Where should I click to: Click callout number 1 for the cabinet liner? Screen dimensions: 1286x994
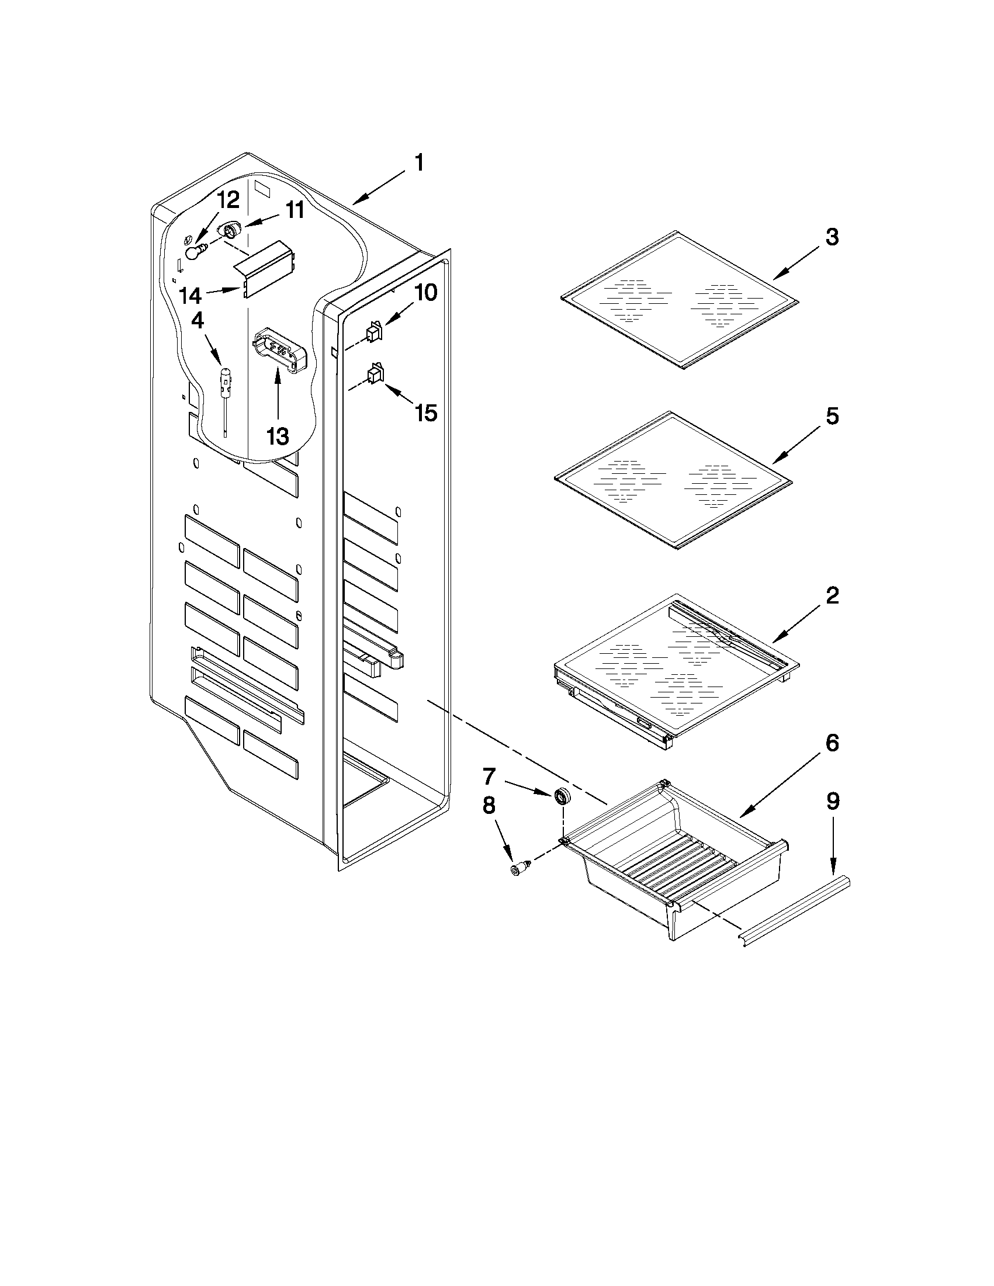tap(418, 163)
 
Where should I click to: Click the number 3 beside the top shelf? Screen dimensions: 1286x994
tap(832, 237)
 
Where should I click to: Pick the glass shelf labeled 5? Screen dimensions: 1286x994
tap(671, 480)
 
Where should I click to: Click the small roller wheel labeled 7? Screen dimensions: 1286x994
tap(563, 797)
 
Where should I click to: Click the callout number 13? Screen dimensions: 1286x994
tap(278, 436)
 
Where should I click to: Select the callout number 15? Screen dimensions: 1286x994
tap(425, 413)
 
